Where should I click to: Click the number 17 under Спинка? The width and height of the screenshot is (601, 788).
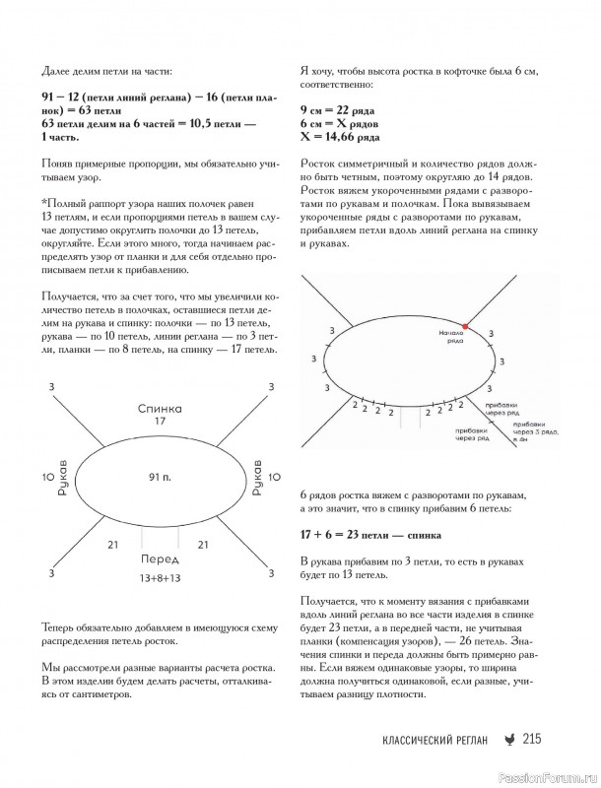(x=160, y=421)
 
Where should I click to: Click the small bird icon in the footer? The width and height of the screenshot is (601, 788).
(x=507, y=742)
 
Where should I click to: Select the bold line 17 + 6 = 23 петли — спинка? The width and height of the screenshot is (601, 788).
(x=369, y=534)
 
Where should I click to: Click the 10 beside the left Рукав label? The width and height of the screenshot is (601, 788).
(x=47, y=477)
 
